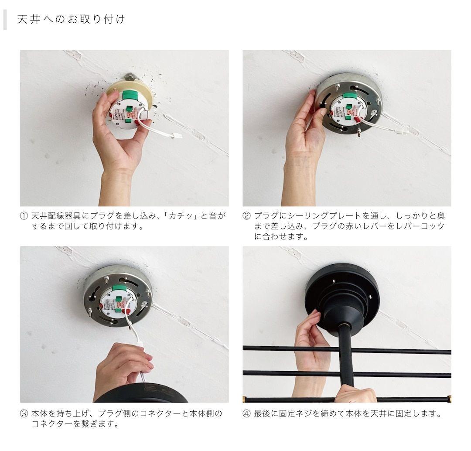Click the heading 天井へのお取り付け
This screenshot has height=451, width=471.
click(71, 20)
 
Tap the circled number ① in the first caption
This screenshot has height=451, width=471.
click(24, 216)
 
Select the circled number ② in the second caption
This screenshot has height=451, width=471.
click(246, 216)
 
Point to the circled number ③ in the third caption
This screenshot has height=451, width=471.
click(24, 413)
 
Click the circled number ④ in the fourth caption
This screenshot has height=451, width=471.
click(246, 413)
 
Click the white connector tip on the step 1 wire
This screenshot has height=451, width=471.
click(177, 136)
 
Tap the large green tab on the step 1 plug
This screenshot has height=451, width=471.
click(130, 95)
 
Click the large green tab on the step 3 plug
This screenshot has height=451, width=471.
click(119, 288)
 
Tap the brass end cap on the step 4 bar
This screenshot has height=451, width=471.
click(449, 399)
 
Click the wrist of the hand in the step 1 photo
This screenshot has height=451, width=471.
click(116, 179)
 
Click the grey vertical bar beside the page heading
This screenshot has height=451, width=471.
click(5, 20)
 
